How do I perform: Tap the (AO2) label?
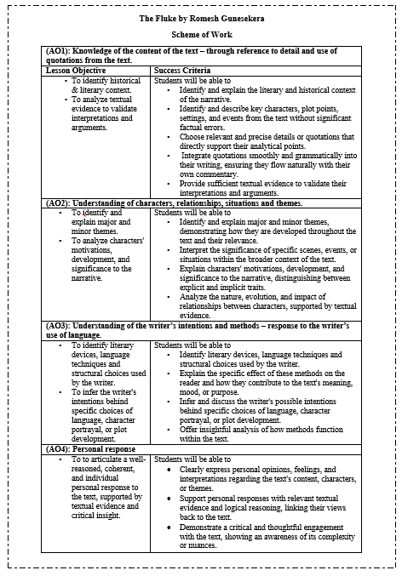pyautogui.click(x=58, y=204)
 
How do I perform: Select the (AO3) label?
pyautogui.click(x=58, y=324)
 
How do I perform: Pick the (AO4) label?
pyautogui.click(x=58, y=448)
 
